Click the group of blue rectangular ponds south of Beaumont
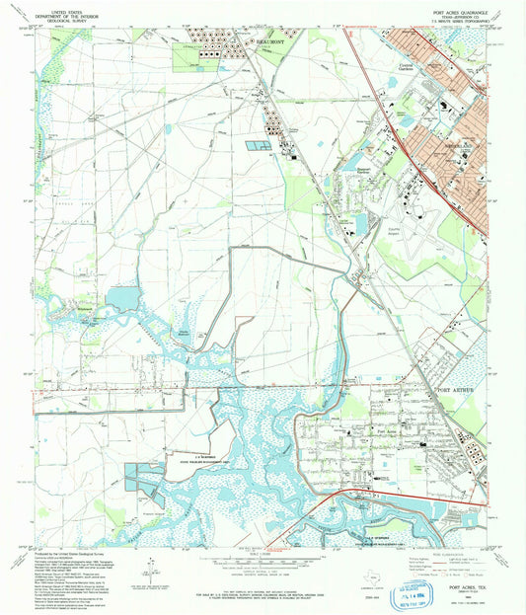point(259,146)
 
